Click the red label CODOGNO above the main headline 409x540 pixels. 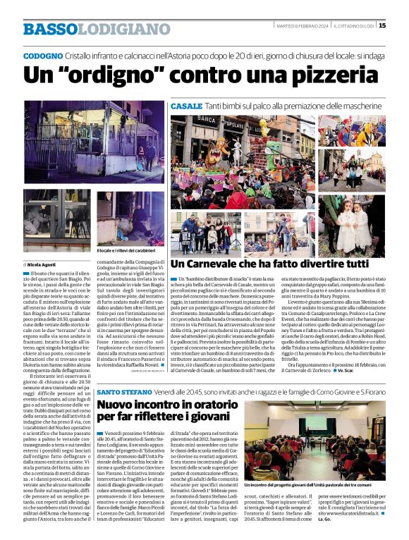pos(42,55)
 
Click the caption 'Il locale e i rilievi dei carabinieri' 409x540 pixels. pos(132,250)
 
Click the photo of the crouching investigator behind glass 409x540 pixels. pos(130,219)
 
